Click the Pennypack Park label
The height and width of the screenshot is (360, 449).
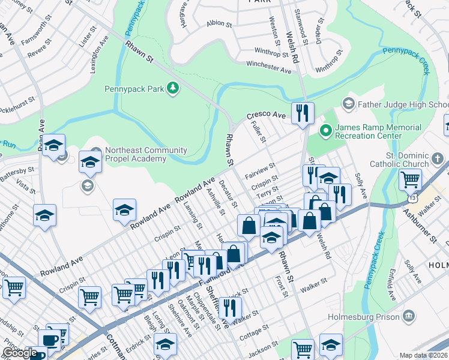pos(134,89)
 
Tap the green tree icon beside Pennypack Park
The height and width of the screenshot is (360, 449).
pos(173,89)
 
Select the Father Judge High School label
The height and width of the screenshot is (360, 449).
pos(403,104)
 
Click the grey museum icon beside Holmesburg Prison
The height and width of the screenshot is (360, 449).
pos(409,316)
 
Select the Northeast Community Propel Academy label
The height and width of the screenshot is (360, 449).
pos(135,154)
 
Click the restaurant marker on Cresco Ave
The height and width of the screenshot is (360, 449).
pos(303,113)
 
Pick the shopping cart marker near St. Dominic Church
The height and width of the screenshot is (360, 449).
pos(410,179)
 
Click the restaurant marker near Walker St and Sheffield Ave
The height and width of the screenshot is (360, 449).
pos(230,308)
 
